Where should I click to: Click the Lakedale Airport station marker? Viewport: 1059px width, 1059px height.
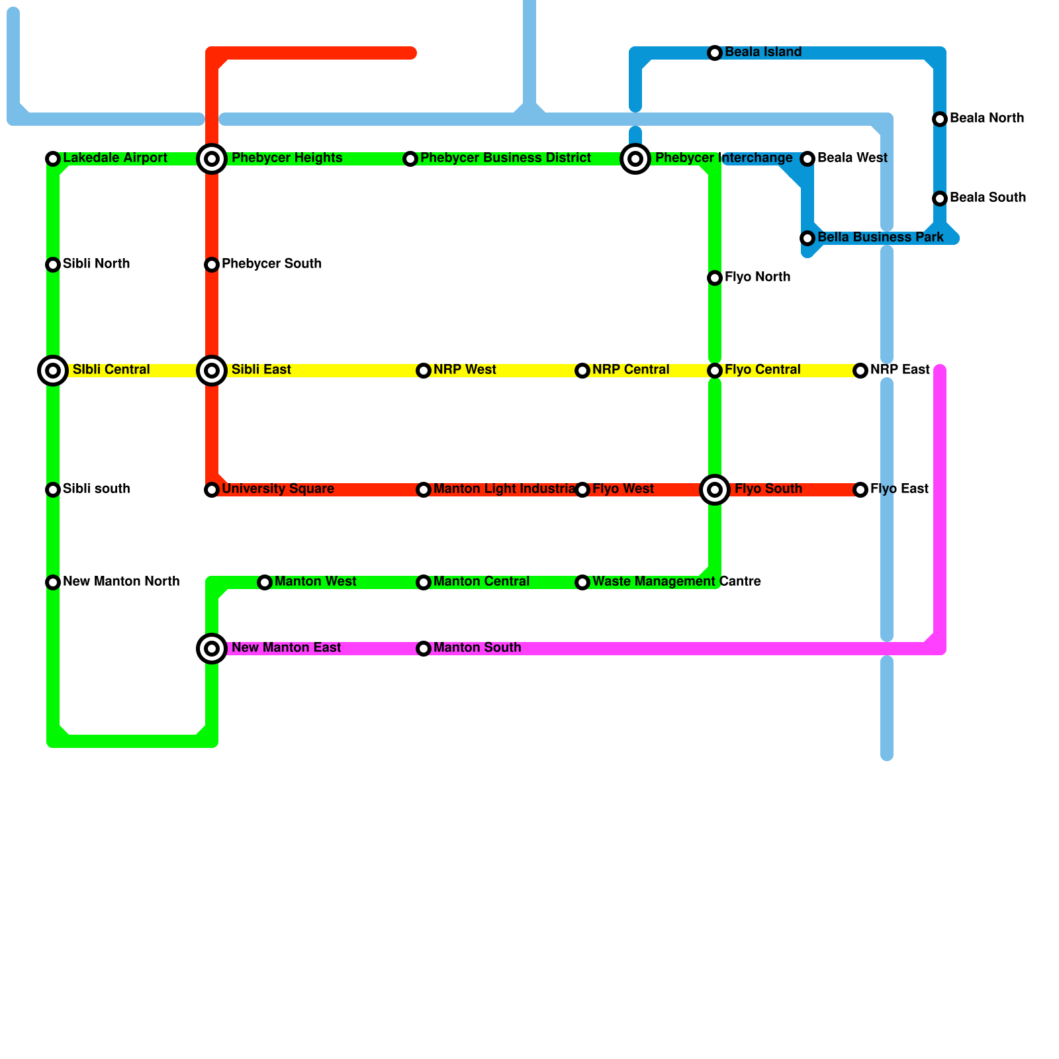coord(53,159)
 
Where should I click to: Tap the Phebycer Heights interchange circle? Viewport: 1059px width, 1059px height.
coord(212,159)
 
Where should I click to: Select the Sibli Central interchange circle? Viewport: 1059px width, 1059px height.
coord(53,371)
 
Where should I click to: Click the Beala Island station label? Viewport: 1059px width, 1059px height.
coord(763,52)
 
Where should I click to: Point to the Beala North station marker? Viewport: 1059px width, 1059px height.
coord(940,119)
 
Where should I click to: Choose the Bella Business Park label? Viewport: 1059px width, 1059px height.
coord(880,238)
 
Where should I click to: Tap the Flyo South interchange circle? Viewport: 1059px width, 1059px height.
coord(715,490)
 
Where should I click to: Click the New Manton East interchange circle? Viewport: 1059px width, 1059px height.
coord(212,649)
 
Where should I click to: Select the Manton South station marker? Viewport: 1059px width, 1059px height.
coord(424,649)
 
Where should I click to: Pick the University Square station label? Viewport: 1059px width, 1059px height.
coord(278,489)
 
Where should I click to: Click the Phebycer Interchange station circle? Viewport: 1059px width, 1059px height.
coord(635,159)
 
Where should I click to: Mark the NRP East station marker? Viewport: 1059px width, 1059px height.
coord(860,371)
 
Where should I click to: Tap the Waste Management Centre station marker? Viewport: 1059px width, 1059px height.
coord(582,582)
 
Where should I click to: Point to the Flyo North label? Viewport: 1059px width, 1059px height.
coord(757,277)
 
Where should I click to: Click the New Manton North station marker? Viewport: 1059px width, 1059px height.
coord(53,582)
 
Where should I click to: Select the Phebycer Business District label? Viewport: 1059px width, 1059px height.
coord(506,158)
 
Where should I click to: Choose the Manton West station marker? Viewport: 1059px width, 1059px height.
coord(265,582)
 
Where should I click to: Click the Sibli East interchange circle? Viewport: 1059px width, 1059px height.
coord(212,371)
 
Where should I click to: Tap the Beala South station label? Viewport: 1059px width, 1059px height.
coord(988,198)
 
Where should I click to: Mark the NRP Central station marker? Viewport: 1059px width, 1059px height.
coord(582,371)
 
